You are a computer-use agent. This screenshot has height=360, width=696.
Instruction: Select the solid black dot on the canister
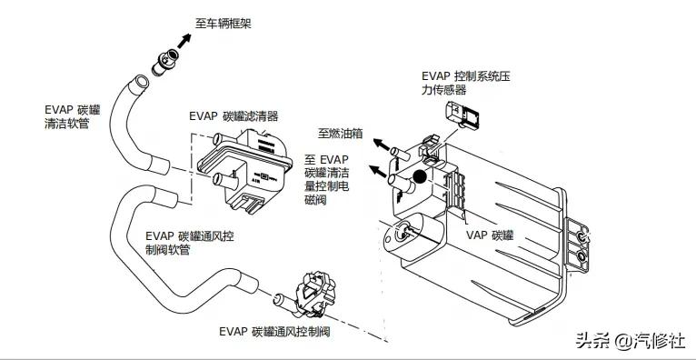tap(419, 178)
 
